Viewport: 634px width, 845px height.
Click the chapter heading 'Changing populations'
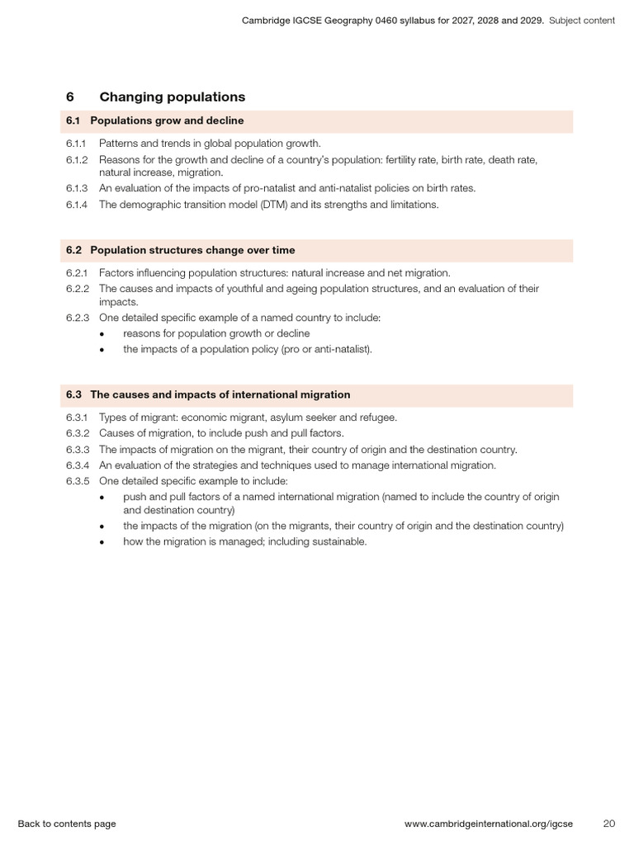pyautogui.click(x=172, y=97)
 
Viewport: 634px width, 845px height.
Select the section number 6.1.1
pyautogui.click(x=76, y=144)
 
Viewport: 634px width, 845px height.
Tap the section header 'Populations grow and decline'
pyautogui.click(x=167, y=121)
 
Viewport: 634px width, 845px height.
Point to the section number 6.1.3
pyautogui.click(x=76, y=189)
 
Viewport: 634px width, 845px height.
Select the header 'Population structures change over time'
pyautogui.click(x=192, y=250)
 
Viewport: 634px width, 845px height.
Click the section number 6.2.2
pyautogui.click(x=77, y=288)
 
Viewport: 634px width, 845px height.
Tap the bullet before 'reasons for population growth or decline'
pyautogui.click(x=102, y=334)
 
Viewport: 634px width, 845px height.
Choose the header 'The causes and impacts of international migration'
pyautogui.click(x=220, y=395)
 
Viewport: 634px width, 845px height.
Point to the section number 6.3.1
pyautogui.click(x=76, y=418)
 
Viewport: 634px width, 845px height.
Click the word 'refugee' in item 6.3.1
pyautogui.click(x=378, y=418)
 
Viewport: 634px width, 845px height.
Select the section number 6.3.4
pyautogui.click(x=77, y=465)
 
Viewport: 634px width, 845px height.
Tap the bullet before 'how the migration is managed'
pyautogui.click(x=102, y=542)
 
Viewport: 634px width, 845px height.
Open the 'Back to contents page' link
pyautogui.click(x=67, y=824)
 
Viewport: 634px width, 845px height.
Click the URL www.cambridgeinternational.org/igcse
pyautogui.click(x=488, y=824)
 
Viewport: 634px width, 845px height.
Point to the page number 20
pyautogui.click(x=609, y=824)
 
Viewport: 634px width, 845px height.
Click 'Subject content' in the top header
pyautogui.click(x=582, y=21)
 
